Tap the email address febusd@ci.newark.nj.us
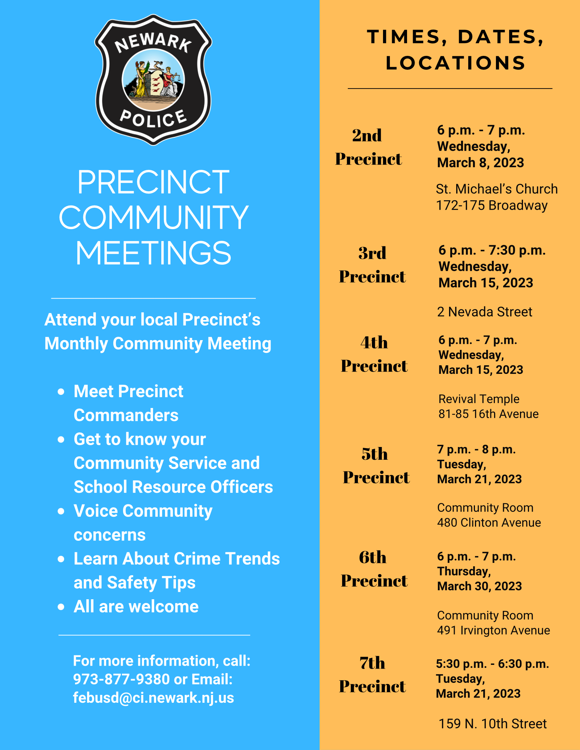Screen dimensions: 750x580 (153, 697)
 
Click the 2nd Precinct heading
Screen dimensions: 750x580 (368, 147)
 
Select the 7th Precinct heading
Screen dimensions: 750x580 (372, 675)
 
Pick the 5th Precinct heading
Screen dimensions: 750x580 (376, 465)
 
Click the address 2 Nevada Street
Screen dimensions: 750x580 (484, 312)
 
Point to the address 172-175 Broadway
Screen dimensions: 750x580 (491, 205)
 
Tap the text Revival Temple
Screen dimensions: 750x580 (479, 399)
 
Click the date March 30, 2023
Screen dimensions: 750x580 (479, 586)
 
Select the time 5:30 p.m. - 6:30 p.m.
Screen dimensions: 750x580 (492, 664)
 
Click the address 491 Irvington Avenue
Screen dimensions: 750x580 (493, 630)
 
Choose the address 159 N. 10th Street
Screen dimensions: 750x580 (492, 724)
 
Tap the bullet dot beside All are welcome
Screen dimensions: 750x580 (61, 607)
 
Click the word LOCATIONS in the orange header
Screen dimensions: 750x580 (455, 63)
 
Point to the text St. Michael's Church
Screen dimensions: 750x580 (497, 189)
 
